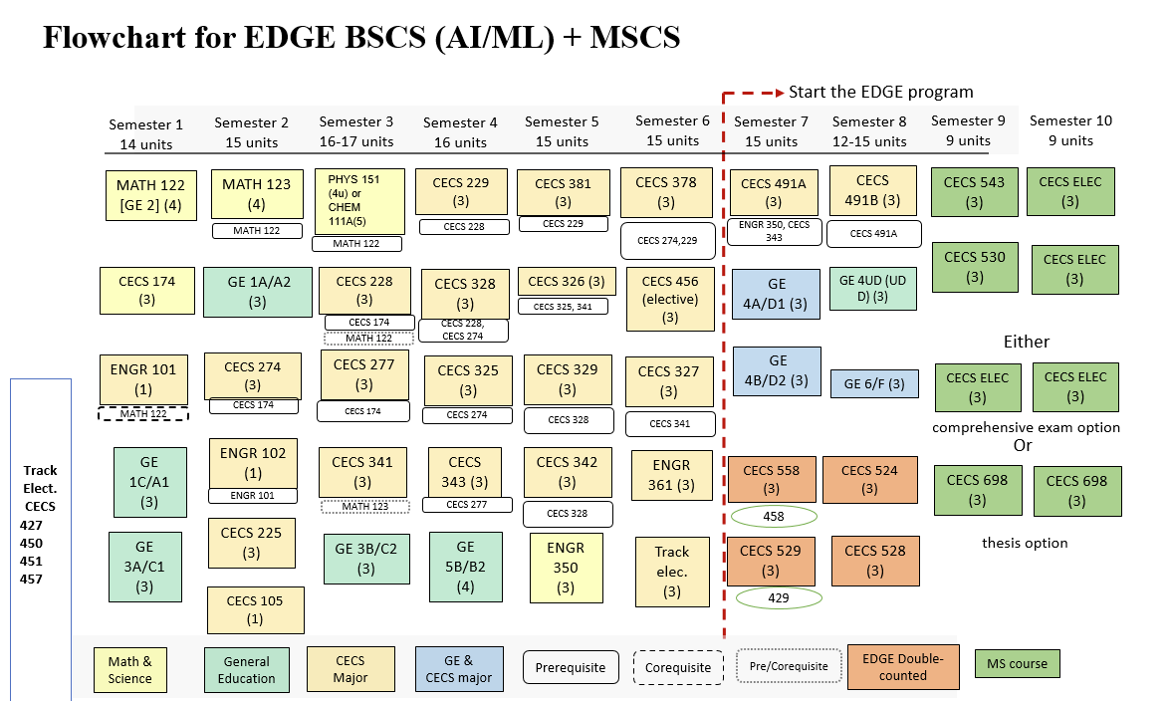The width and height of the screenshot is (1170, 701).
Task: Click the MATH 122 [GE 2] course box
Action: point(150,195)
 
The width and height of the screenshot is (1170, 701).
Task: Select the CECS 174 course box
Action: point(146,291)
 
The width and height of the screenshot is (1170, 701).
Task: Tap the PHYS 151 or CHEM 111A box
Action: point(359,201)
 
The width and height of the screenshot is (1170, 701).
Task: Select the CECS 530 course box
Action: point(974,267)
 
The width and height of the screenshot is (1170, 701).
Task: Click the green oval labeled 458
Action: point(774,517)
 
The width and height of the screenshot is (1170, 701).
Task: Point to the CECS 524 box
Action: point(869,480)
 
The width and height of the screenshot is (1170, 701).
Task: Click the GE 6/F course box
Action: point(874,383)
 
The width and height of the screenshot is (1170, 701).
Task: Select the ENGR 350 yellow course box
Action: point(566,568)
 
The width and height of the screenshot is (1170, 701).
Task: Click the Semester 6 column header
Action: point(672,130)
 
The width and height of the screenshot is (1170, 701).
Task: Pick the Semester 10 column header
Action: point(1070,130)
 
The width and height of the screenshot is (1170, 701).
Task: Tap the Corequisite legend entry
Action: point(678,667)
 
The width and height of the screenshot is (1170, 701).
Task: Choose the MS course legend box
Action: point(1017,664)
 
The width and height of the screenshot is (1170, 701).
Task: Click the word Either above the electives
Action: point(1026,342)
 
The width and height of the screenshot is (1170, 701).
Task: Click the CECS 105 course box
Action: point(254,609)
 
